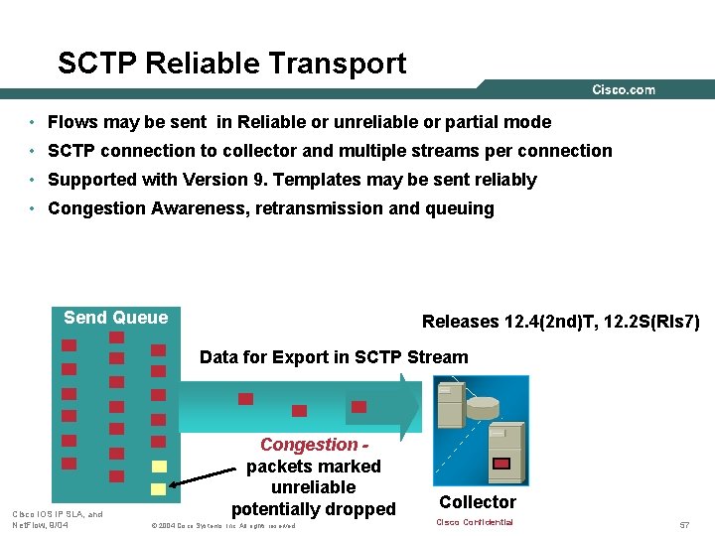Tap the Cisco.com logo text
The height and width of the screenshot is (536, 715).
coord(624,89)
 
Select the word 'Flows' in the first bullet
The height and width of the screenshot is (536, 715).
coord(71,122)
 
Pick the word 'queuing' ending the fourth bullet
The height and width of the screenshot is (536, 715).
coord(460,208)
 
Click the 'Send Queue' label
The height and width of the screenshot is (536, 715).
coord(115,318)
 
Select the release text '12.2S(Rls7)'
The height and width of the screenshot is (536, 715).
coord(654,322)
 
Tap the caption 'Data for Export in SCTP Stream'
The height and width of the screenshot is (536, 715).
coord(334,357)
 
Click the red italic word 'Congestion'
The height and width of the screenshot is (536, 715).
coord(308,446)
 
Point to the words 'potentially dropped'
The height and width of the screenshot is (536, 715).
coord(313,509)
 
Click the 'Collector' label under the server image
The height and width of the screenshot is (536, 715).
coord(478,502)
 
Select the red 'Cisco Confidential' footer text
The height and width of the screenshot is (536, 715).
coord(475,522)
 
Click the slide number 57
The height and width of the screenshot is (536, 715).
coord(684,523)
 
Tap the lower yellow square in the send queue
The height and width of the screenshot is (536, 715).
coord(158,489)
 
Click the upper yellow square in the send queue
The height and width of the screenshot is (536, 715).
coord(158,466)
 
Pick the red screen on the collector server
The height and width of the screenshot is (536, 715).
coord(501,463)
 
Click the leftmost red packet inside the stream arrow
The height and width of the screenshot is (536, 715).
coord(245,399)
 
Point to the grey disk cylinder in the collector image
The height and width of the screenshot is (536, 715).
coord(484,407)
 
